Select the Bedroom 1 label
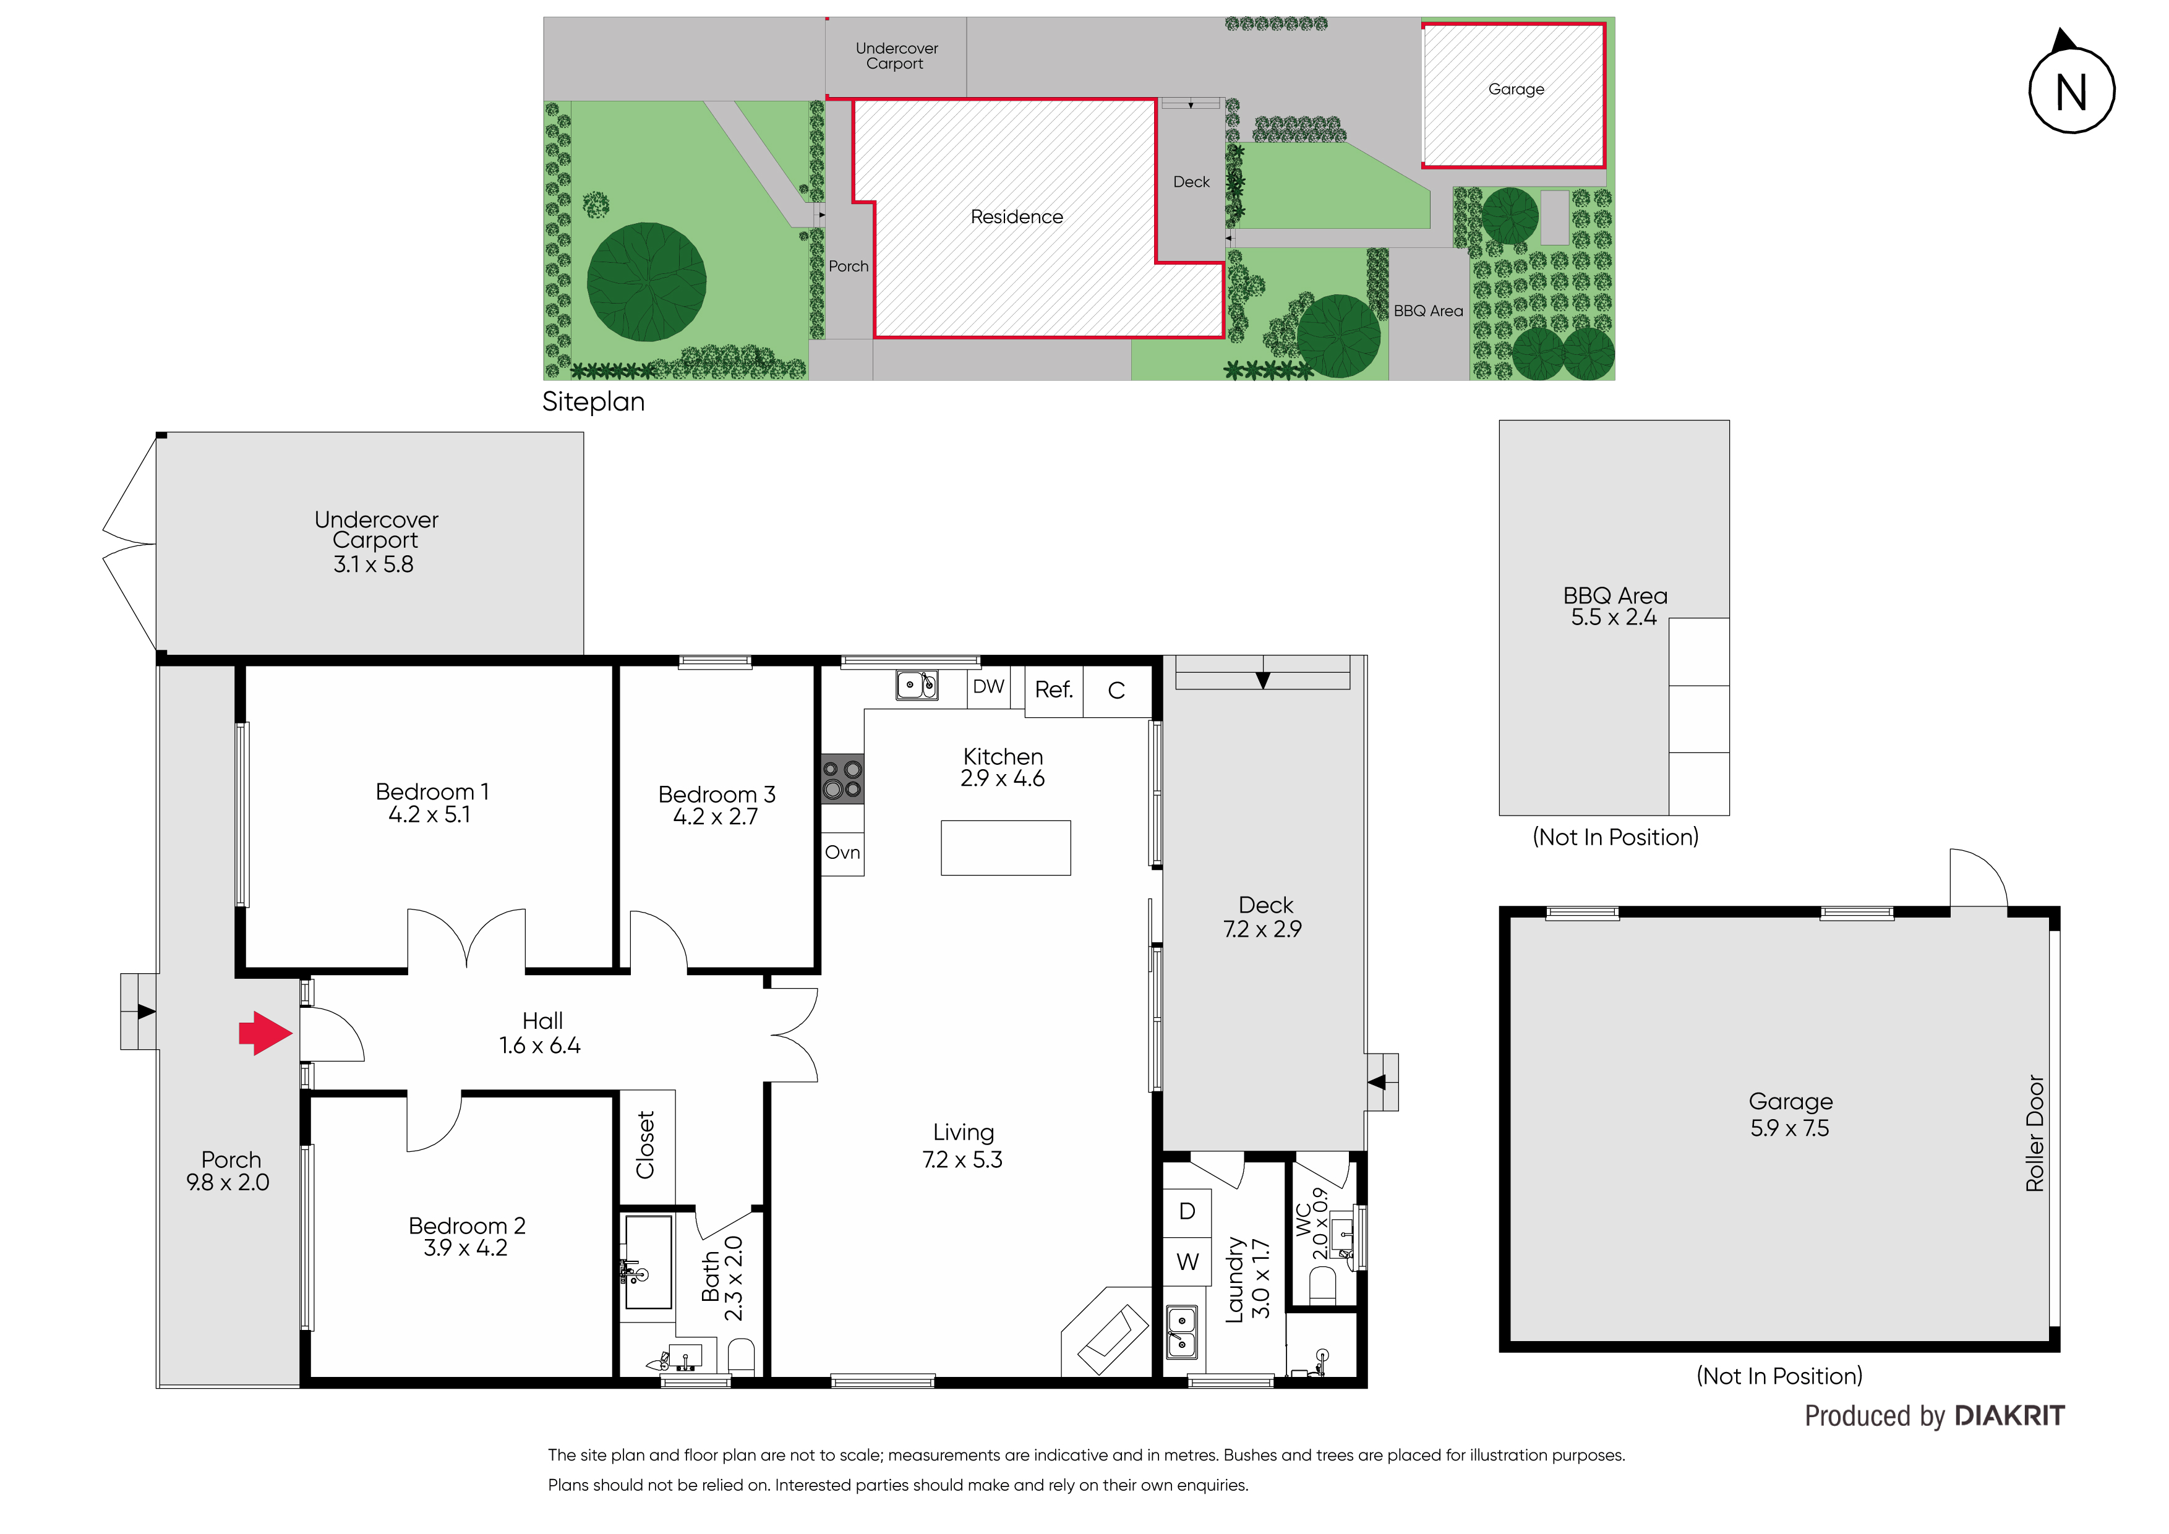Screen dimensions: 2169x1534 (x=432, y=791)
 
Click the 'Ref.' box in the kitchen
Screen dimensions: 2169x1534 (x=1053, y=691)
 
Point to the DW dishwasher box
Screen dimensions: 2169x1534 (x=988, y=687)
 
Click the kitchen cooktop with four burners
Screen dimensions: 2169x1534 (x=842, y=779)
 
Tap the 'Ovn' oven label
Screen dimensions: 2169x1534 (x=842, y=853)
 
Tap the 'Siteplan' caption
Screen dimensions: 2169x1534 (x=593, y=403)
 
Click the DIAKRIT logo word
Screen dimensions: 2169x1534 (x=2009, y=1416)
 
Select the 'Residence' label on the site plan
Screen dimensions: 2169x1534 (x=1017, y=217)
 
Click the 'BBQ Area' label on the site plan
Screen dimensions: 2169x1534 (x=1428, y=311)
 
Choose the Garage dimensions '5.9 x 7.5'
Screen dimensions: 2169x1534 (x=1789, y=1129)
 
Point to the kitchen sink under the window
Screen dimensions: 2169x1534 (x=917, y=685)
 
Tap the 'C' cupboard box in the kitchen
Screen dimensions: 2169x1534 (x=1116, y=691)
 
